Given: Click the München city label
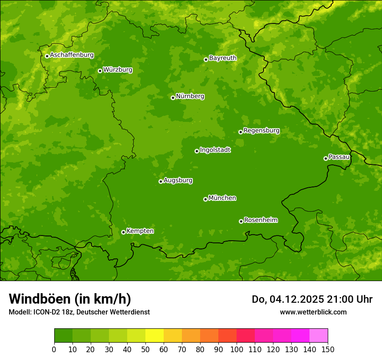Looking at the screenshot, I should coord(222,198).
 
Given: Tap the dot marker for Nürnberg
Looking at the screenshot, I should coord(173,98).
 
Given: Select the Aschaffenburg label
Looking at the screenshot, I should coord(72,55).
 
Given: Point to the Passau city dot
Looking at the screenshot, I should coord(326,158).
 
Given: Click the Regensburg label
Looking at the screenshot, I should coord(261,131).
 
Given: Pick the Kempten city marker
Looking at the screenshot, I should coord(123,232).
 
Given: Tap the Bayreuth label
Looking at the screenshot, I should coord(223,58).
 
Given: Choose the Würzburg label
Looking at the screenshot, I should coord(118,70).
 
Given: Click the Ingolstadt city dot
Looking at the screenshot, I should coord(197,151).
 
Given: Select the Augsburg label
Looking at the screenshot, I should coord(178,180).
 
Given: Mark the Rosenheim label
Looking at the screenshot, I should coord(260,220).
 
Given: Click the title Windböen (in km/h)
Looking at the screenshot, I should coord(69,299).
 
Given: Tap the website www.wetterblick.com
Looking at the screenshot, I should coord(313,312).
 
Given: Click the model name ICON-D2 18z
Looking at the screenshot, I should coord(51,312).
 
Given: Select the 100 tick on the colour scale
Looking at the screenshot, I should coord(237,349).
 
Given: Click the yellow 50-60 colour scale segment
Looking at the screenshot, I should coord(155,336).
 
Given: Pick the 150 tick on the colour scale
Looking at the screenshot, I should coord(328,349).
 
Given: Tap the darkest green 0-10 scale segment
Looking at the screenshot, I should coord(63,336).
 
